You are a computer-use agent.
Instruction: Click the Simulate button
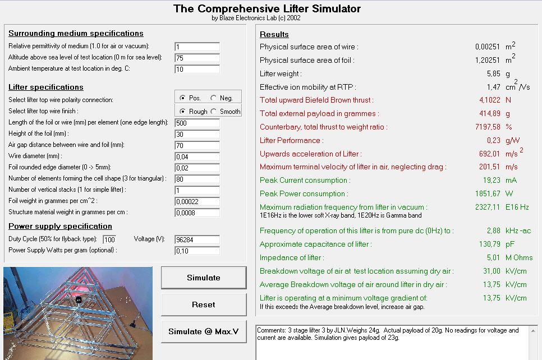click(203, 278)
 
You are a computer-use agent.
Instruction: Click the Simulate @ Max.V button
click(203, 331)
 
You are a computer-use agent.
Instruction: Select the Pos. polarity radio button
click(182, 98)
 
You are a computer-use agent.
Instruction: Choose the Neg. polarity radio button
click(214, 98)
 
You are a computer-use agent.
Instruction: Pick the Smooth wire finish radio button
click(214, 112)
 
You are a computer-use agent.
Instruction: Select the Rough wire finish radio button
click(182, 112)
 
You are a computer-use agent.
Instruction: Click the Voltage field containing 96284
click(197, 239)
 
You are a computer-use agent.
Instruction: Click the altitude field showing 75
click(197, 58)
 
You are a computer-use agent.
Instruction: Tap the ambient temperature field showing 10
click(197, 69)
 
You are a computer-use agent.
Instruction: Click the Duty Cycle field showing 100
click(109, 239)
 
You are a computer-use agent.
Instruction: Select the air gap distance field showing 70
click(197, 145)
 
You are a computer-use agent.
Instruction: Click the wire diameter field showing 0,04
click(197, 156)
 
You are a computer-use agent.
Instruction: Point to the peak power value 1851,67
click(487, 194)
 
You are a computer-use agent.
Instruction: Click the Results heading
click(274, 35)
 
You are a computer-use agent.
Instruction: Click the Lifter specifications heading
click(46, 87)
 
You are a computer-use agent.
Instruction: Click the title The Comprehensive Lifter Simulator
click(267, 8)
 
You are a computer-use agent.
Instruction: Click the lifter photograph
click(78, 313)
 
